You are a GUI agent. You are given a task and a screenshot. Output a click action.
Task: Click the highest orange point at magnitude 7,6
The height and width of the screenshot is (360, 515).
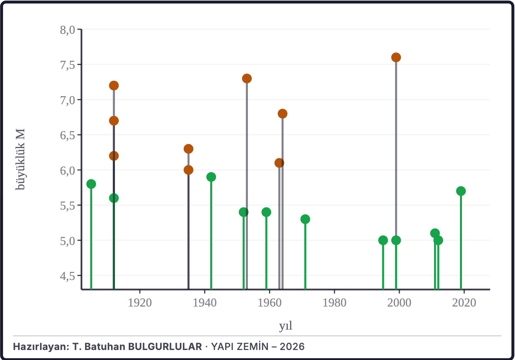click(396, 57)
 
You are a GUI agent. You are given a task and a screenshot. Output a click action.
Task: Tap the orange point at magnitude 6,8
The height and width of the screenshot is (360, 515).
click(282, 113)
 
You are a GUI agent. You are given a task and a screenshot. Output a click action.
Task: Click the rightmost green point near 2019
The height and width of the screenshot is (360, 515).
click(461, 191)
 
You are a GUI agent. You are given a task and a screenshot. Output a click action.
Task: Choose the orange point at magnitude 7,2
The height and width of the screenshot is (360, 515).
click(114, 85)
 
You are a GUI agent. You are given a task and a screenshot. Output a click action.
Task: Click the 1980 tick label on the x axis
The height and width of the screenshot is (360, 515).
click(334, 303)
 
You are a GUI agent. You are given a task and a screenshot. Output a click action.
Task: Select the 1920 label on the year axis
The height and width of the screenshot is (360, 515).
click(140, 303)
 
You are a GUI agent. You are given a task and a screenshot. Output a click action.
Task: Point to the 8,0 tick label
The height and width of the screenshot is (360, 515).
click(68, 30)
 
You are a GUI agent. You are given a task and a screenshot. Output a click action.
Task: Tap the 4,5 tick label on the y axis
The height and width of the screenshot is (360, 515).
click(68, 276)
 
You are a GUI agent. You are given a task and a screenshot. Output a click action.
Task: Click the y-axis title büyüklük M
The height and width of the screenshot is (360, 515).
click(20, 159)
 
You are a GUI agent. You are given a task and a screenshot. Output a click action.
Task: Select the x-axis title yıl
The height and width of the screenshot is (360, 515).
click(286, 326)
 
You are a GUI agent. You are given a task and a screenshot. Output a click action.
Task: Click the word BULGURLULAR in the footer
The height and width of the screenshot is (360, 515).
click(165, 347)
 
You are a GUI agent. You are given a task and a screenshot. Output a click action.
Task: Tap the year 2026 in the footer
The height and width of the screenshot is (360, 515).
click(292, 347)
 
